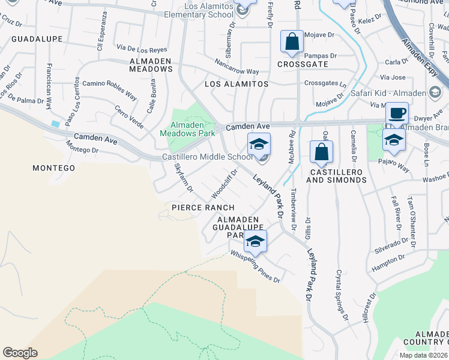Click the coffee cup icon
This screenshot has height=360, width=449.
[x=396, y=113]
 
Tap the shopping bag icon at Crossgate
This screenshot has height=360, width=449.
[x=292, y=42]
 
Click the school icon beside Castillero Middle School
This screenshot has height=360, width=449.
[x=259, y=144]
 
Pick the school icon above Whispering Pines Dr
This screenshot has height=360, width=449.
[x=255, y=241]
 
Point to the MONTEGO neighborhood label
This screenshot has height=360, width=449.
[x=53, y=168]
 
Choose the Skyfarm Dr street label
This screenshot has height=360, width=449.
[x=183, y=178]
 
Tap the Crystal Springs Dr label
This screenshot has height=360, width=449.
[x=342, y=293]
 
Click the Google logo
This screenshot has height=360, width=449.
[x=20, y=353]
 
